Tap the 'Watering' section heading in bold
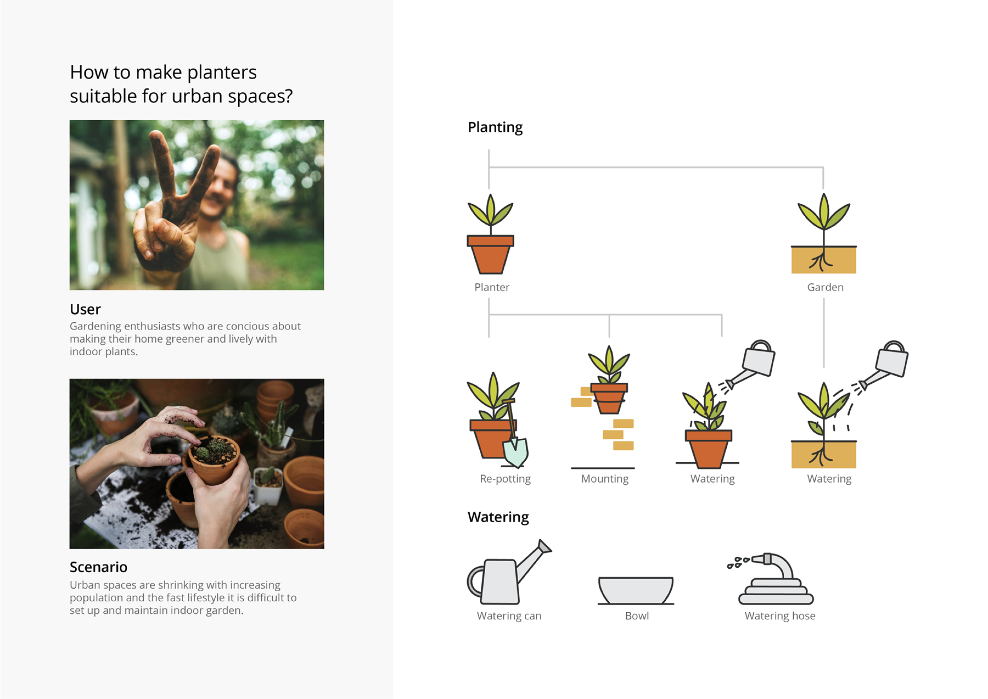498,517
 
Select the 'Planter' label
491,287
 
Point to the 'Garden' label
825,287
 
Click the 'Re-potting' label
505,479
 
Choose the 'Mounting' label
605,479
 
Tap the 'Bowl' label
637,616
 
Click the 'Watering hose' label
780,616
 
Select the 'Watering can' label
509,616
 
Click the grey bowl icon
636,590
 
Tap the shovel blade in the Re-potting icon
515,453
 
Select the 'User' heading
85,309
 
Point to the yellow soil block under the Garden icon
823,260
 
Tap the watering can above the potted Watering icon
759,359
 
